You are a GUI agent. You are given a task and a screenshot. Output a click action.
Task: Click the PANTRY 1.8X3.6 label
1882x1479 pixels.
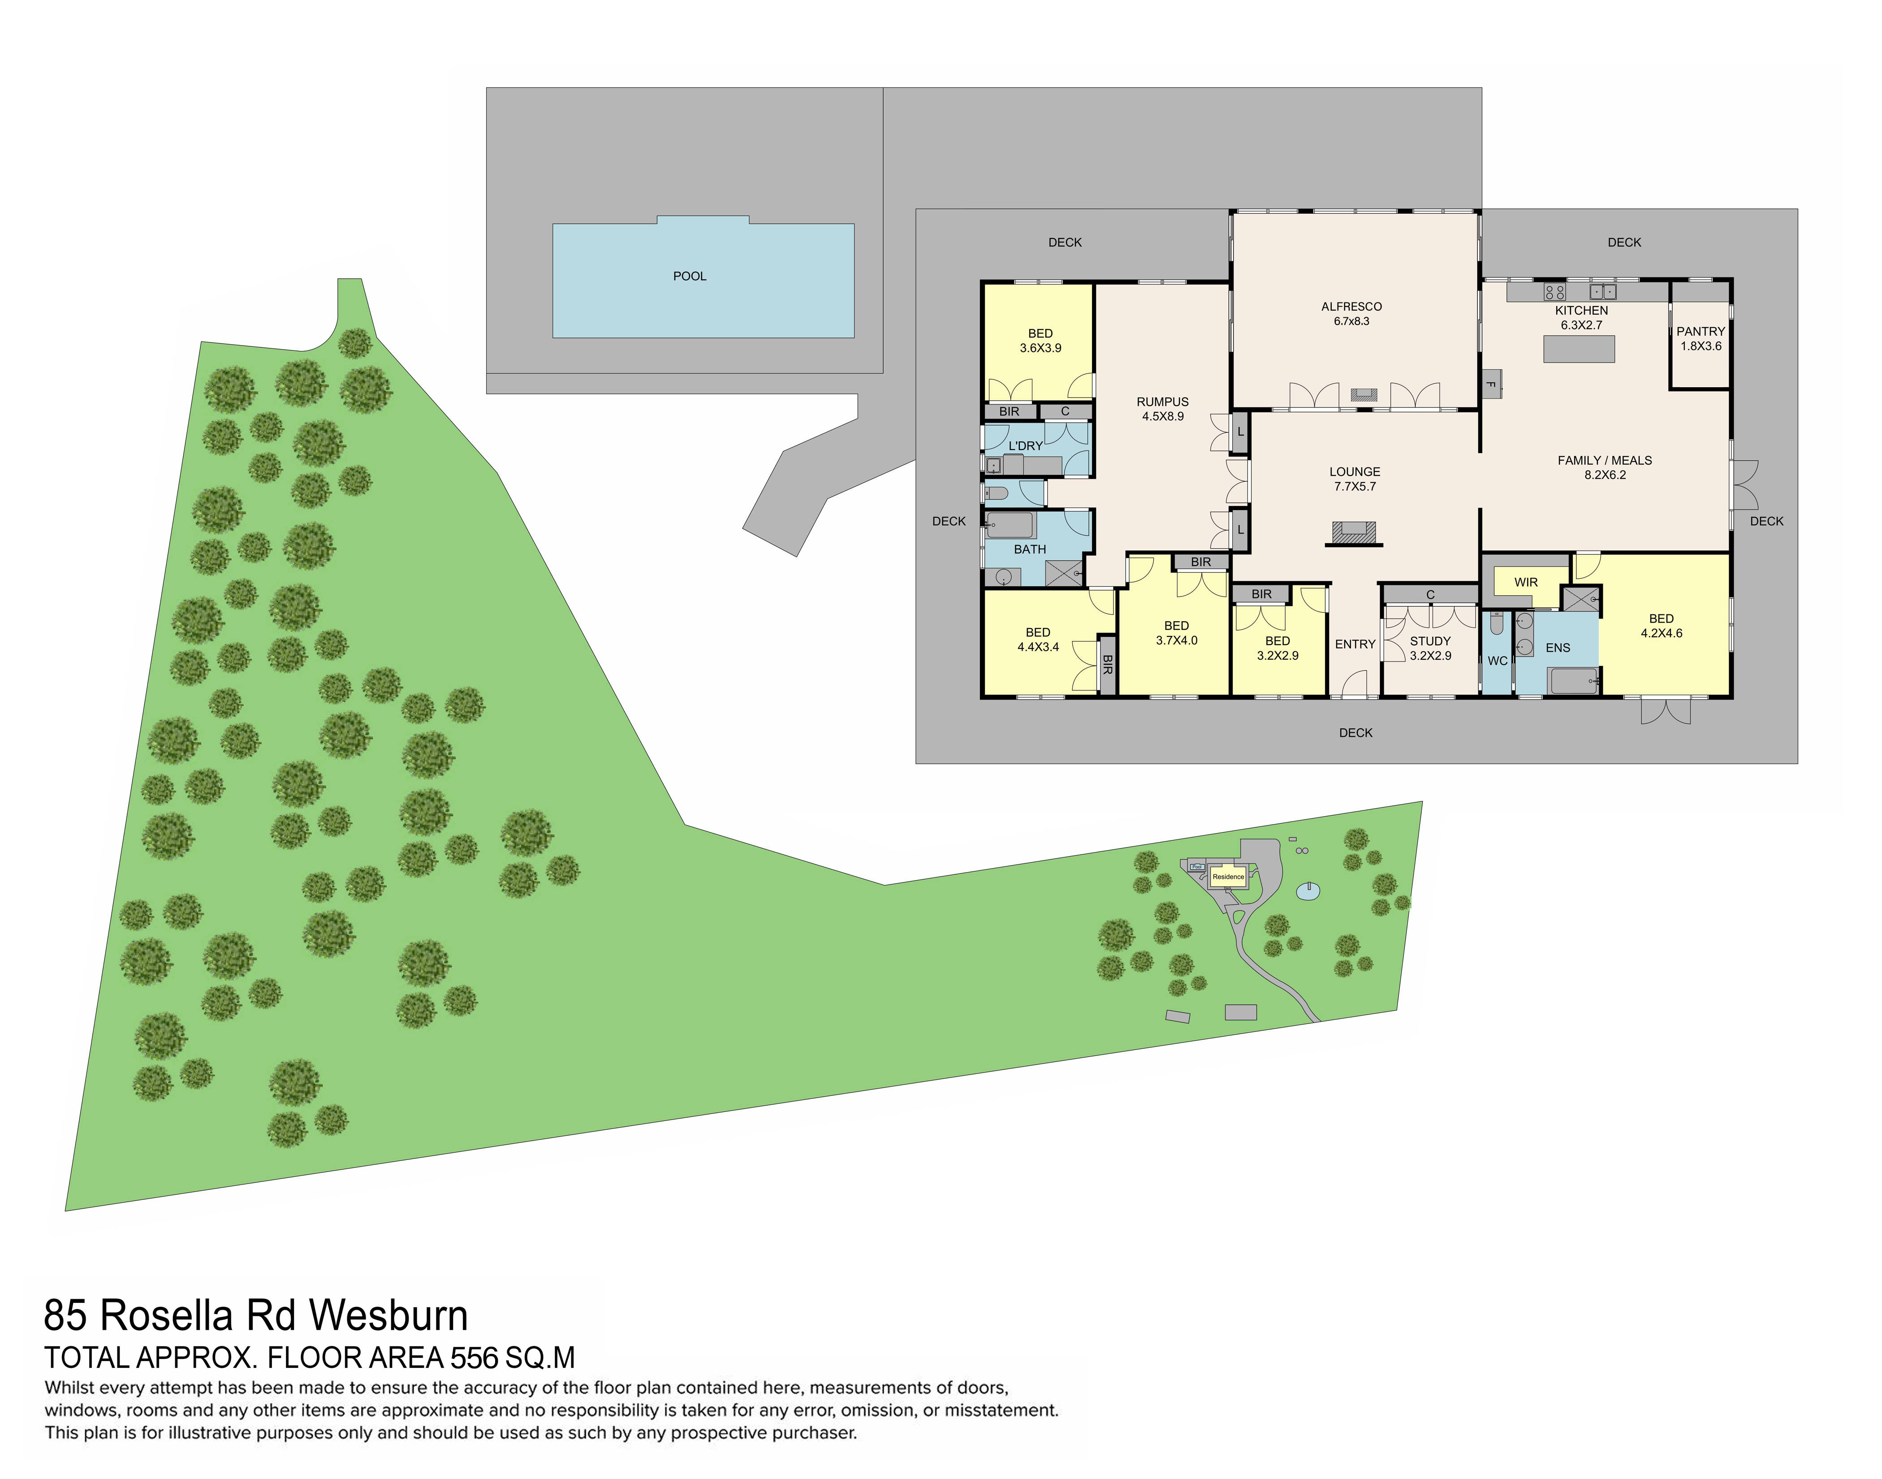coord(1700,338)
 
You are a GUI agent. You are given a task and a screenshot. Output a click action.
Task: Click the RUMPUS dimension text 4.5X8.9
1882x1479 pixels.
coord(1163,416)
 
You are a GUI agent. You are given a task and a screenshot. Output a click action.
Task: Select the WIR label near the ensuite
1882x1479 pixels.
coord(1525,582)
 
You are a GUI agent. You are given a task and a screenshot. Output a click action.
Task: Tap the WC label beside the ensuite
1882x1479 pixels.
coord(1497,661)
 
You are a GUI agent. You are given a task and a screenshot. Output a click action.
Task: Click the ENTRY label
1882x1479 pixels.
coord(1354,644)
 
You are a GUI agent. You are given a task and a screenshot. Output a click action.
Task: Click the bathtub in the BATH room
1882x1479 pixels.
coord(1010,526)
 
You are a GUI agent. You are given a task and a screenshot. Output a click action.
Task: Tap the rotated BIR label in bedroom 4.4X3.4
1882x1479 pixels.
coord(1107,664)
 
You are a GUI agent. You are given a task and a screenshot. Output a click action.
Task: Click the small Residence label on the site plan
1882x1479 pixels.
coord(1227,876)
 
